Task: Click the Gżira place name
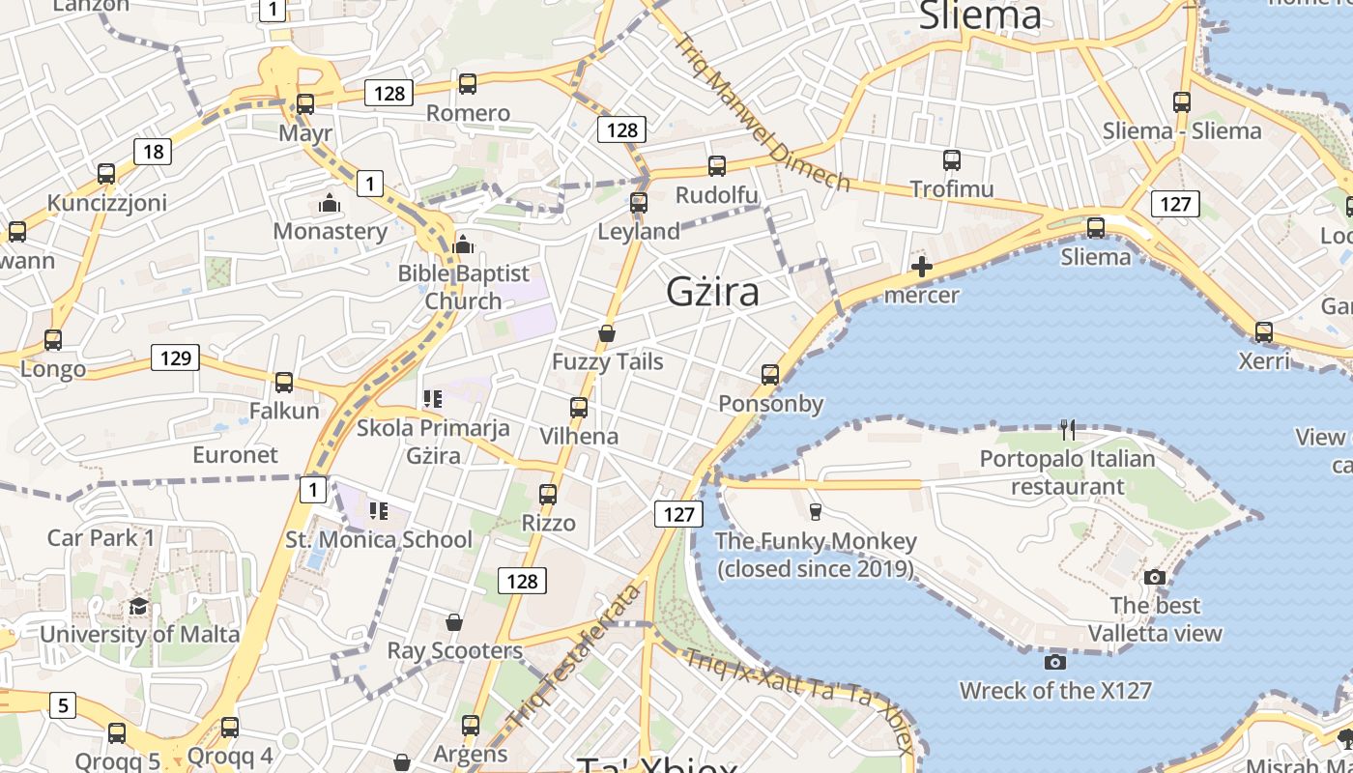click(712, 292)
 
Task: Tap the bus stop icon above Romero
click(468, 84)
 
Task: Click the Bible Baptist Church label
click(464, 287)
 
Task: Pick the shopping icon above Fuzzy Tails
click(607, 333)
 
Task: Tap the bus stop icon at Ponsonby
click(770, 374)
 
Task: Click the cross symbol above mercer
click(922, 266)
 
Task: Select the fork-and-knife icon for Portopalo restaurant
click(1067, 429)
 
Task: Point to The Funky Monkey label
click(816, 555)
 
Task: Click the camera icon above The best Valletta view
click(1154, 578)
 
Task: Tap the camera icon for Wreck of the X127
click(1055, 662)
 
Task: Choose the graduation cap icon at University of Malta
click(139, 607)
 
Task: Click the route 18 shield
click(153, 151)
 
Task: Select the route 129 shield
click(175, 358)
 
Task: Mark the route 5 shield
click(62, 705)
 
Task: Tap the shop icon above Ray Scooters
click(454, 622)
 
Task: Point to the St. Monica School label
click(379, 539)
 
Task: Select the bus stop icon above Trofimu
click(952, 160)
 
